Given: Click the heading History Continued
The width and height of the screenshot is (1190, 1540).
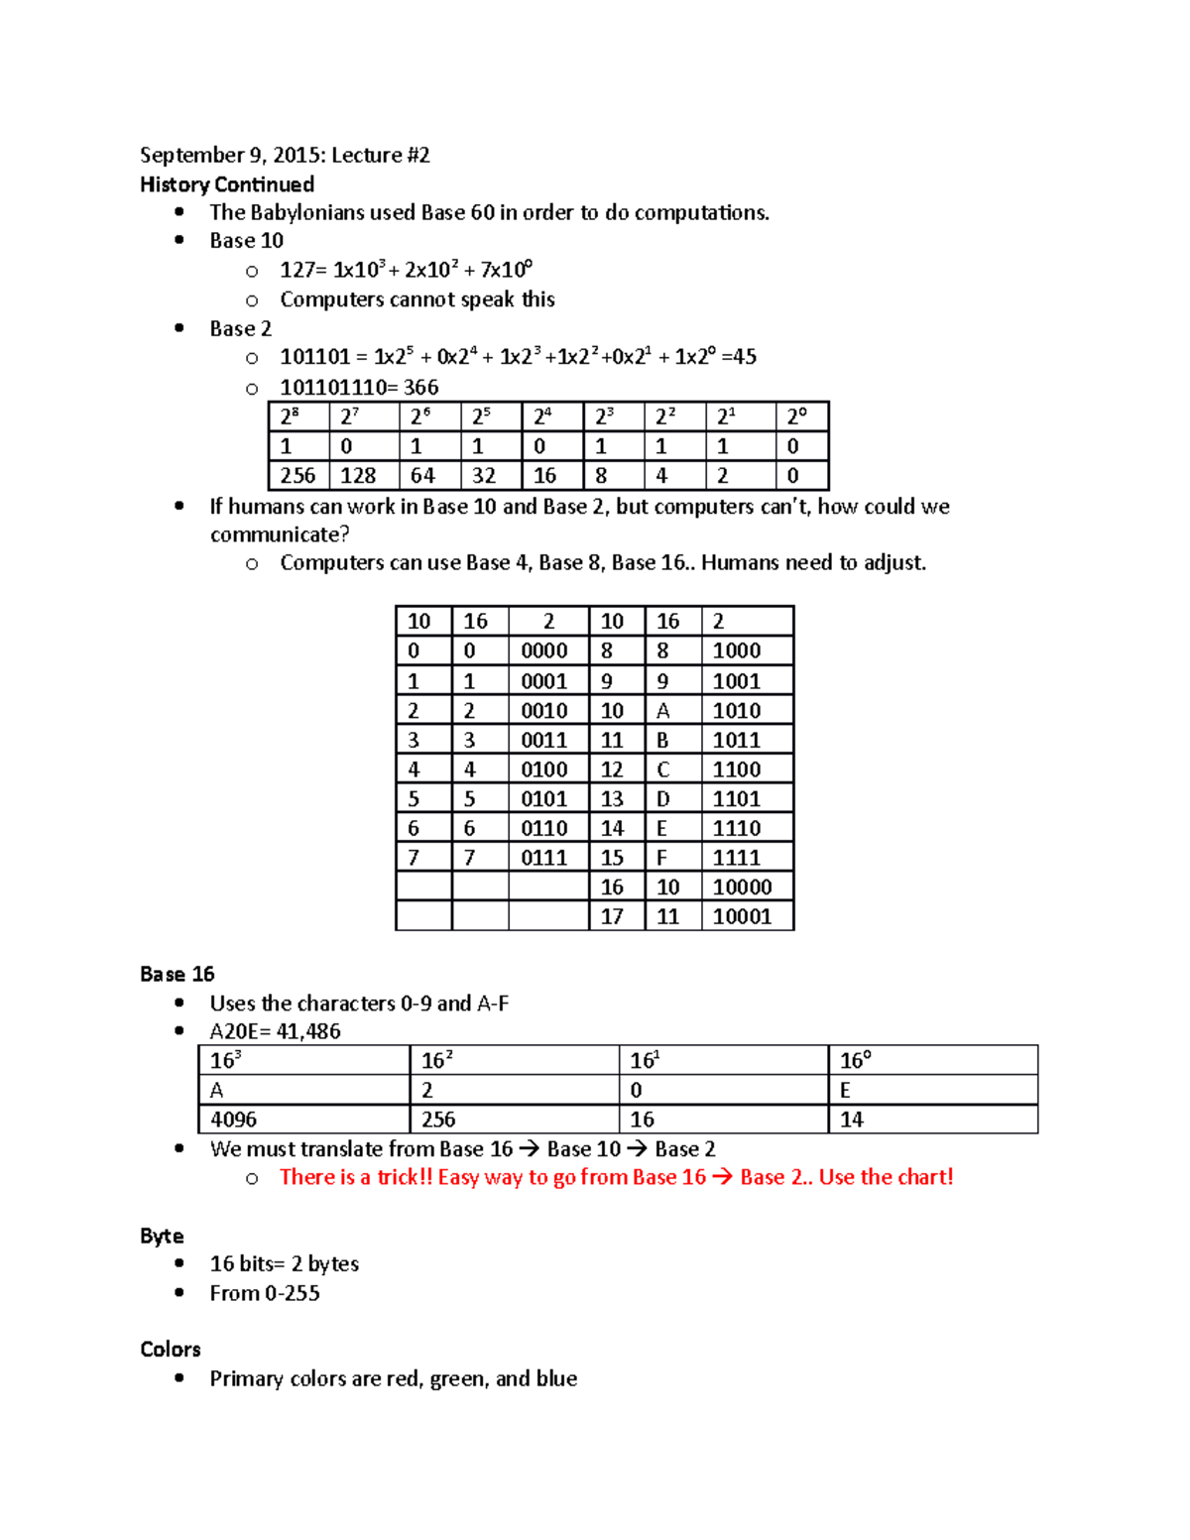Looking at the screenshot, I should pos(227,184).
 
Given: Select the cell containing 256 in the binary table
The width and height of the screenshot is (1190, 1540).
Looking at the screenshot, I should pos(297,476).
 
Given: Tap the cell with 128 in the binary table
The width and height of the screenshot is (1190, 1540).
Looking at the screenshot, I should pos(358,476).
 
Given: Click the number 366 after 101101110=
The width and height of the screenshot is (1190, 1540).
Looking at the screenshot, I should pos(420,387).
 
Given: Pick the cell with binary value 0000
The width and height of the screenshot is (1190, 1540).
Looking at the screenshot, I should pos(544,652).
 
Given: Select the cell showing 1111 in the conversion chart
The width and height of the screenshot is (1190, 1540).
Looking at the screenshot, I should pos(737,858).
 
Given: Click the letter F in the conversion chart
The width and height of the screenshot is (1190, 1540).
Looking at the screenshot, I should pos(661,858).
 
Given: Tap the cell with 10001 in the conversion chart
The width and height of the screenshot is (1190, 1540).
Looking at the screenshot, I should pos(742,916).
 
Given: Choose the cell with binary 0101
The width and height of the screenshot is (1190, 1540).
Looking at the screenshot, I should pos(544,799).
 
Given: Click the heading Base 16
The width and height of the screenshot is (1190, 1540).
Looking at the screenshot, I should pos(178,974).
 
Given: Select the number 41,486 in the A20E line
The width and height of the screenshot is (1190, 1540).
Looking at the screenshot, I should pos(308,1031).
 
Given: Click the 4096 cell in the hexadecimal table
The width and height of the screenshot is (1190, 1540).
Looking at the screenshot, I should pos(234,1120).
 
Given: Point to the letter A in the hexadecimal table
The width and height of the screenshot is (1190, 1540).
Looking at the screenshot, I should pos(217,1090).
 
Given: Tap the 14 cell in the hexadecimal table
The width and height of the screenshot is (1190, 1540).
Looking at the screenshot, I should pos(852,1120).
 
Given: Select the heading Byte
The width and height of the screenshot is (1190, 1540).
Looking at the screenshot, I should pos(162,1236).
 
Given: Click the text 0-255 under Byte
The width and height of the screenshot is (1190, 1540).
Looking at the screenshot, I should pos(293,1293).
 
